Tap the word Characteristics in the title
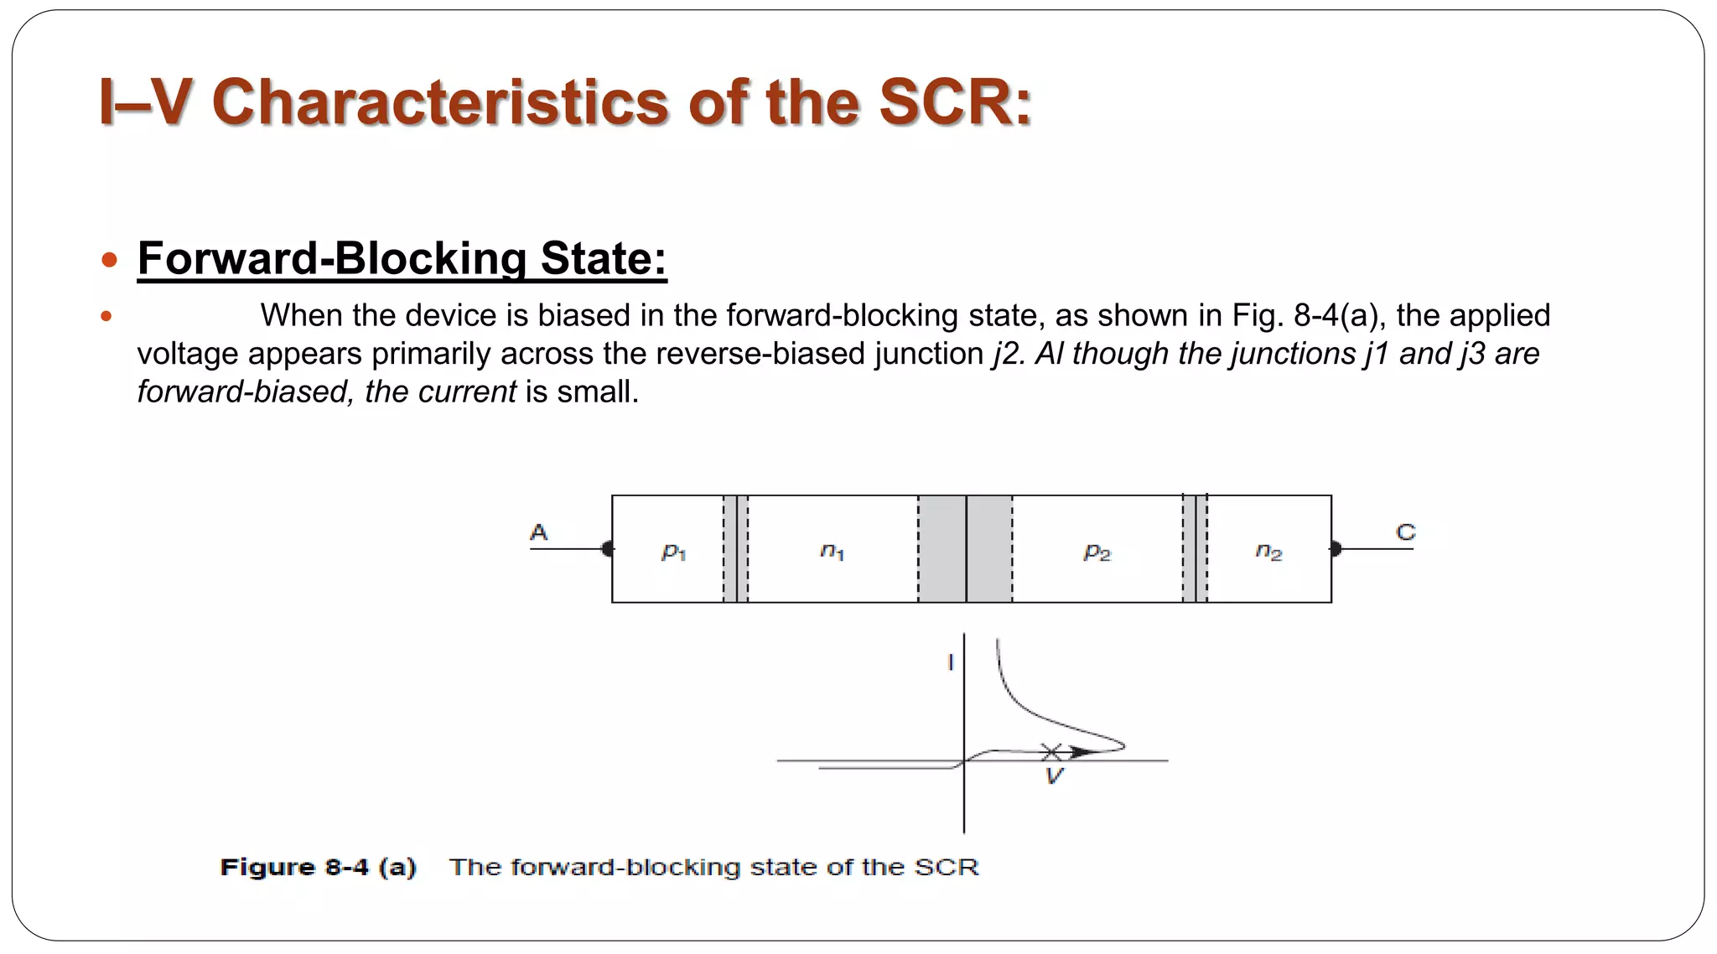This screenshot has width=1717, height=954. coord(441,102)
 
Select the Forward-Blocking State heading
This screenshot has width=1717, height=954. coord(402,258)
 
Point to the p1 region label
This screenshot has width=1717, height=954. coord(673,552)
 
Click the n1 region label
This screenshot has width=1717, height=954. coord(832,552)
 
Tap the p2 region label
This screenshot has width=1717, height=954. coord(1097,552)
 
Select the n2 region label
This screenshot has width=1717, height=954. coord(1268,552)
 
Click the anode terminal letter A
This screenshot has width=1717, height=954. coord(538,532)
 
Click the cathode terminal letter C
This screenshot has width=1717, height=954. coord(1405,532)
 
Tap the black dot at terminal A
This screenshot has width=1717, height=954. coord(608,549)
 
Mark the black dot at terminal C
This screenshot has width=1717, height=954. coord(1336,549)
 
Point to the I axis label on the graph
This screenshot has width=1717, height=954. coord(950,662)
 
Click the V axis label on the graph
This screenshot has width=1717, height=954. coord(1054,776)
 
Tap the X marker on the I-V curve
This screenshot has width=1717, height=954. coord(1051,751)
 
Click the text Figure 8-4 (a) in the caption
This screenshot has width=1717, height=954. coord(318,867)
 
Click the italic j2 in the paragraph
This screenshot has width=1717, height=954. coord(1007,354)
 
